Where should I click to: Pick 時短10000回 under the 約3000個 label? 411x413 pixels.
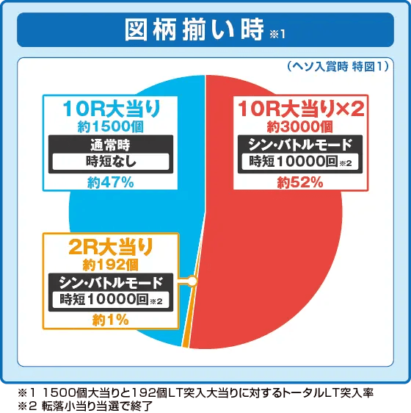pyautogui.click(x=297, y=161)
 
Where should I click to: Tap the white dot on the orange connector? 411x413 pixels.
pyautogui.click(x=192, y=281)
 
